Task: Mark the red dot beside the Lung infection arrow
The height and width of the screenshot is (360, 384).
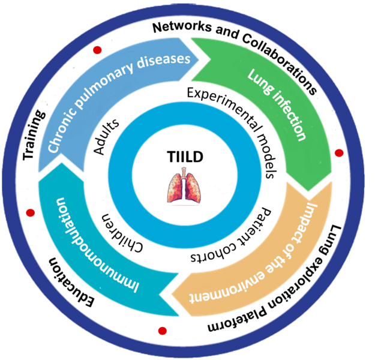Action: click(338, 154)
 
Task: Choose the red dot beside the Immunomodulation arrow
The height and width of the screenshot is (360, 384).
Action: click(28, 211)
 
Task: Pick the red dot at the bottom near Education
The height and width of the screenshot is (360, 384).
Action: click(161, 329)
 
